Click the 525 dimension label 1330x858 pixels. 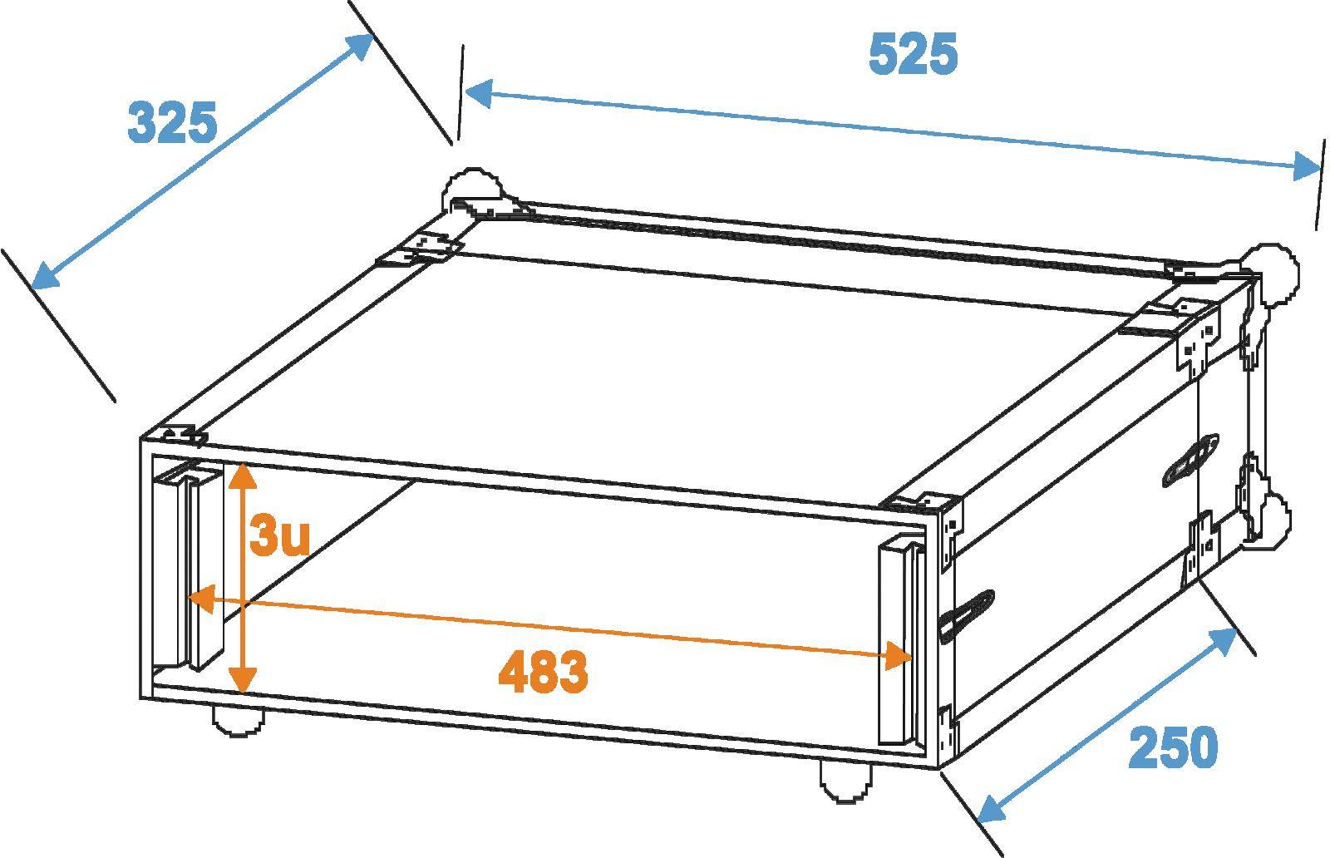point(913,55)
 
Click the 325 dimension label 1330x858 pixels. point(172,123)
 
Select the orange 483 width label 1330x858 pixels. point(543,672)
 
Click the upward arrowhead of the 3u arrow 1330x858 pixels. point(241,474)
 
